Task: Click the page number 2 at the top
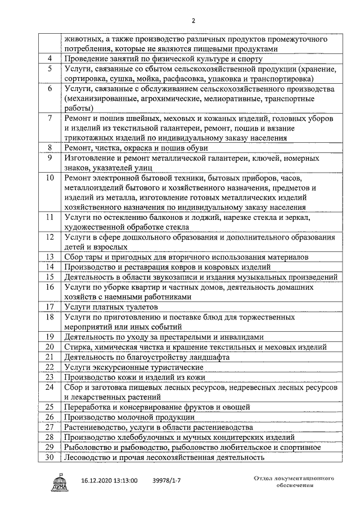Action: [x=192, y=21]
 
